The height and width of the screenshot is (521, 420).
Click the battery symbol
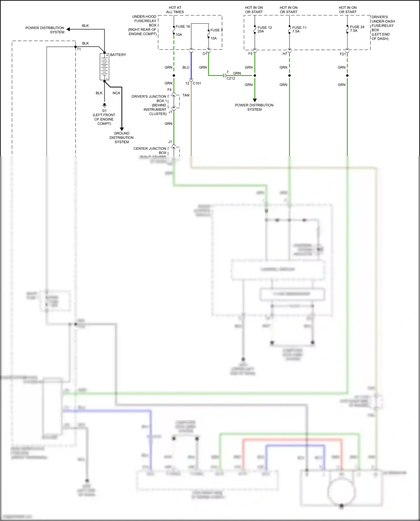pos(104,67)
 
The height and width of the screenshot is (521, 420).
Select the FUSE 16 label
pos(183,27)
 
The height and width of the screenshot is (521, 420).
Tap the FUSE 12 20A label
pos(264,29)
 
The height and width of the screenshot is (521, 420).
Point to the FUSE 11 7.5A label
pos(299,29)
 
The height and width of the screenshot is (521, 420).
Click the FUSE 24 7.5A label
pos(357,29)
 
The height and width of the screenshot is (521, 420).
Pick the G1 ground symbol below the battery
pos(104,106)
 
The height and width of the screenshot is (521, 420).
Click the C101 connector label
pos(197,83)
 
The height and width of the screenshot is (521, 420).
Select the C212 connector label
pos(231,78)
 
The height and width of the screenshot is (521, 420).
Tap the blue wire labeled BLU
pos(191,67)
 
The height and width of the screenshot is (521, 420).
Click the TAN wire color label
pos(186,95)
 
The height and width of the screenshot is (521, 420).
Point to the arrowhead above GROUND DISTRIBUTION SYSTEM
pos(122,129)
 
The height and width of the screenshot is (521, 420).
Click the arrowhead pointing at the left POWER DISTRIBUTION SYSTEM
pos(68,29)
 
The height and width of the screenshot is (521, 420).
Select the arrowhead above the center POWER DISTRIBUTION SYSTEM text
pos(255,100)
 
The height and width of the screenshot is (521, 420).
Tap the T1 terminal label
pos(79,49)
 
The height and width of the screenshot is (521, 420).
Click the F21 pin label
pos(343,54)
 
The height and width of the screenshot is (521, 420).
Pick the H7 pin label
pos(285,54)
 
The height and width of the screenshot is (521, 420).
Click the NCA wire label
pos(116,93)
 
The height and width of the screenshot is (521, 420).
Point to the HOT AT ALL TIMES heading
pos(175,10)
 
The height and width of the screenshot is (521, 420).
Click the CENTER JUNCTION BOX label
pos(150,151)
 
